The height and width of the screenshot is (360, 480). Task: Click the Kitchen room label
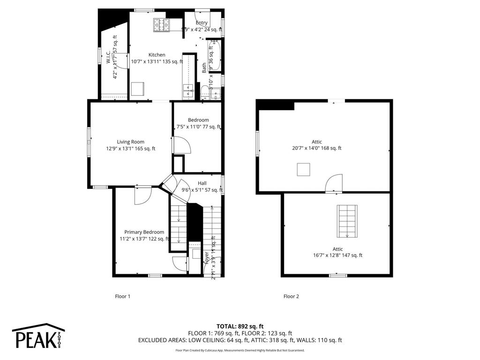(157, 55)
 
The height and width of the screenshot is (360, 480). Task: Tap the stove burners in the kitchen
(162, 25)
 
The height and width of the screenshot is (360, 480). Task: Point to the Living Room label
(131, 142)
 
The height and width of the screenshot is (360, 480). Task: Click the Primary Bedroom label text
(144, 232)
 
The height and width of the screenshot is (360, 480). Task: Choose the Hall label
(202, 183)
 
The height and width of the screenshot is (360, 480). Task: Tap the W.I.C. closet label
(108, 58)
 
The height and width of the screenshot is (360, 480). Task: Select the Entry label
(202, 23)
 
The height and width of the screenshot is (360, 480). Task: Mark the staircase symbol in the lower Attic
(347, 222)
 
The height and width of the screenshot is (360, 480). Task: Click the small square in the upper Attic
(303, 169)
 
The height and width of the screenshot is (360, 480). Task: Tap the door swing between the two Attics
(334, 183)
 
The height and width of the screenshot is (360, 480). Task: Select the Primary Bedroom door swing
(142, 195)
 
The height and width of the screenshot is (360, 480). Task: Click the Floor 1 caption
(122, 296)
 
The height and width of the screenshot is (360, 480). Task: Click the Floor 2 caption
(291, 296)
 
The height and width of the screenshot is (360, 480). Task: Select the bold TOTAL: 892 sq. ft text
(240, 326)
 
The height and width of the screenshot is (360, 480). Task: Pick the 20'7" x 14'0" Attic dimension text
(316, 148)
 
